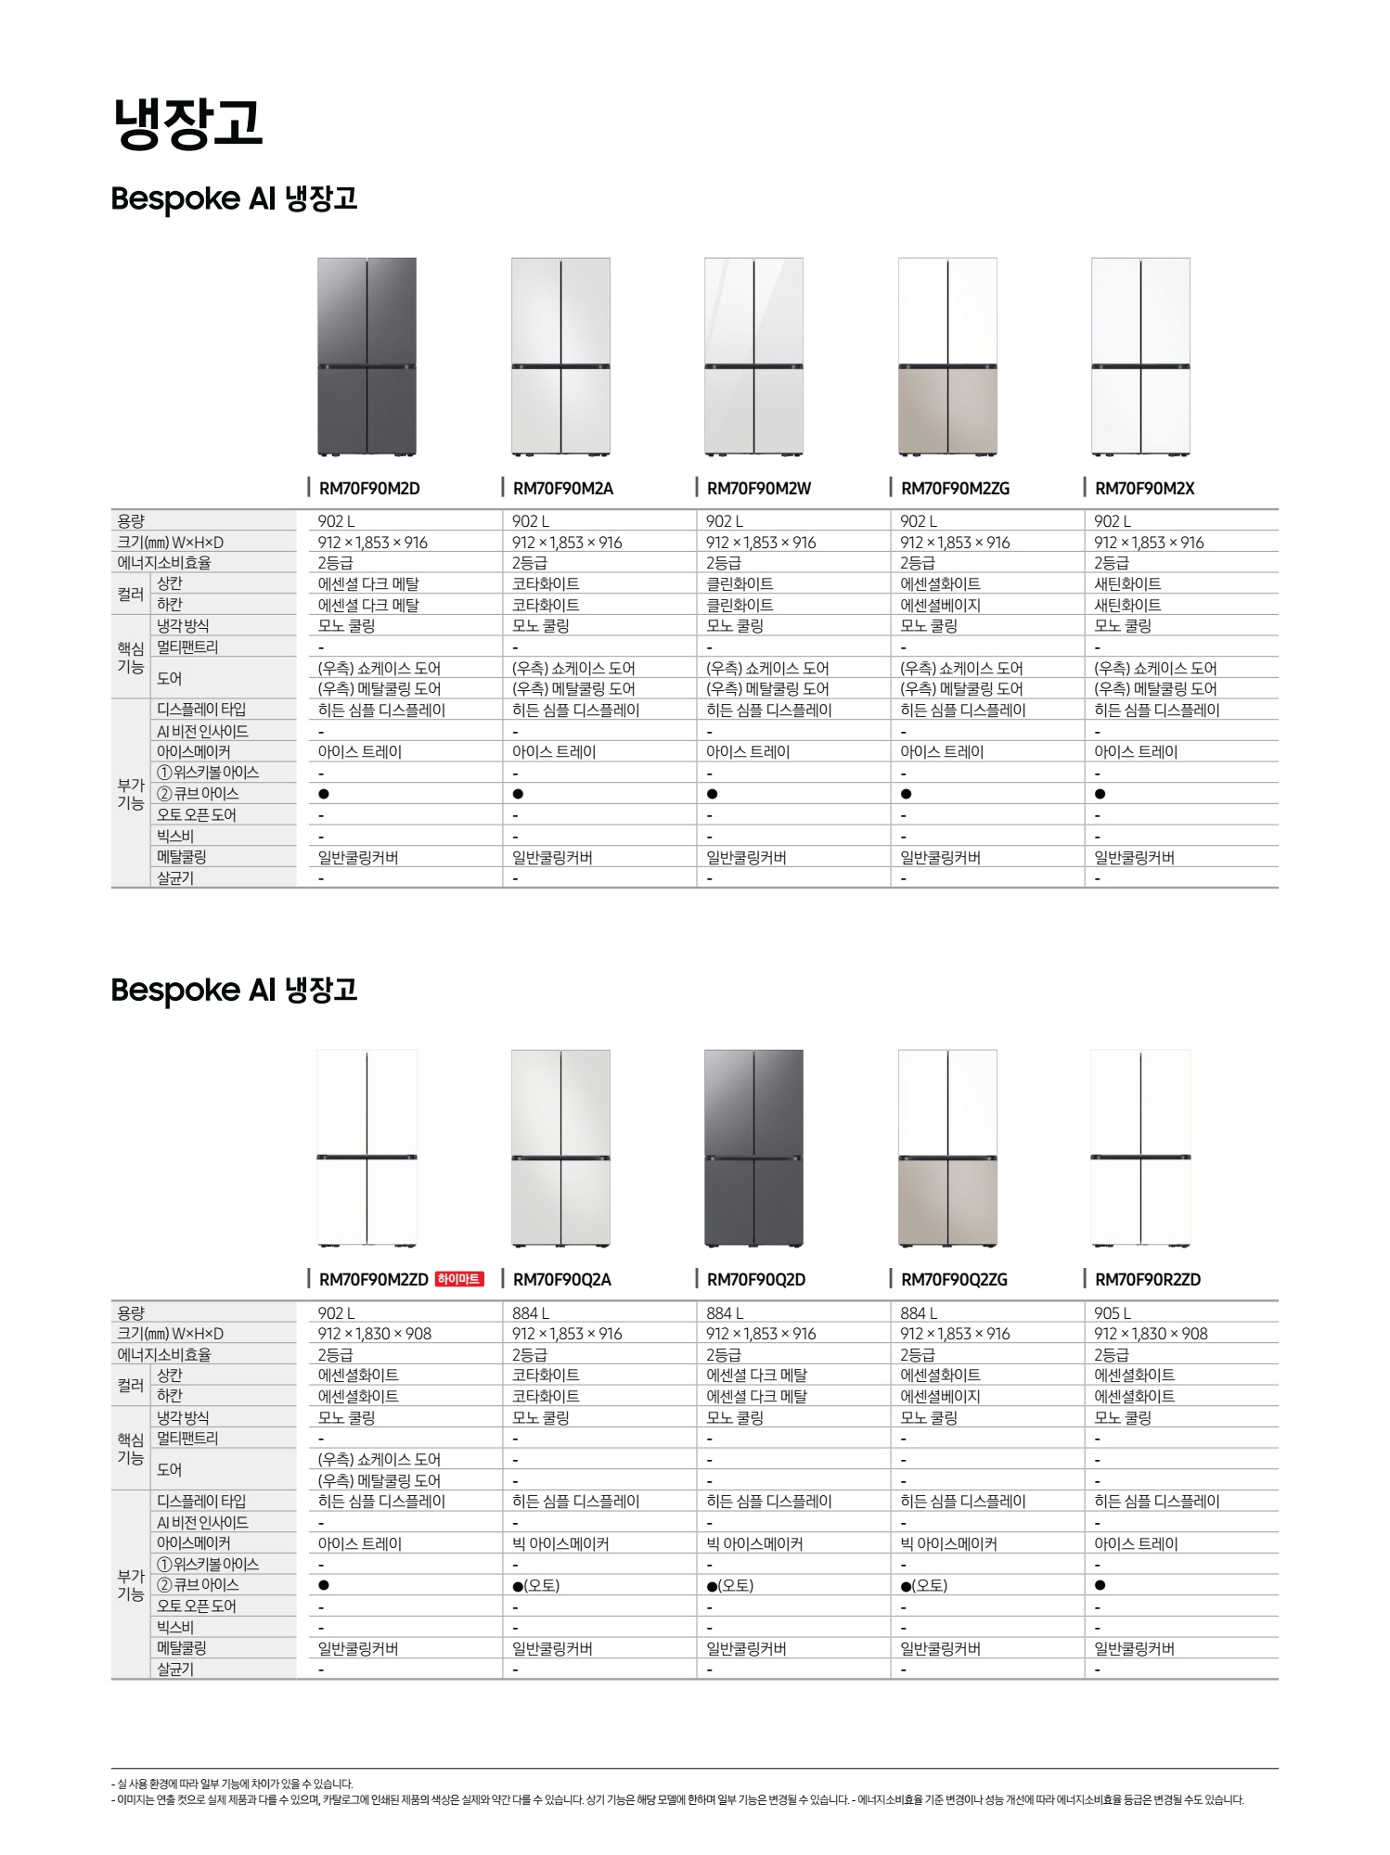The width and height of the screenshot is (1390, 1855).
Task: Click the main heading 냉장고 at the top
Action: coord(188,122)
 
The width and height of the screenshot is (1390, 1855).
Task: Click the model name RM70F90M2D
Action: coord(369,489)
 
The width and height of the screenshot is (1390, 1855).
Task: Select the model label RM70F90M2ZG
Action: coord(955,489)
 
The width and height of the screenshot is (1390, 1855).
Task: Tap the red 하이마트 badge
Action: coord(459,1279)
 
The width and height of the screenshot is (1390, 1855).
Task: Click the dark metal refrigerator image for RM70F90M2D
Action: coord(367,357)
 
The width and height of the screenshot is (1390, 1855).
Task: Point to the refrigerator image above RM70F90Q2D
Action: coord(753,1148)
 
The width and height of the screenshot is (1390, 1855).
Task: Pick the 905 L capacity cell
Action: coord(1113,1313)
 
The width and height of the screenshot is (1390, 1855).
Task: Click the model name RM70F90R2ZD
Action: coord(1148,1280)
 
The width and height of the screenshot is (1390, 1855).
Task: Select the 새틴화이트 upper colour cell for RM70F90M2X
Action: coord(1127,584)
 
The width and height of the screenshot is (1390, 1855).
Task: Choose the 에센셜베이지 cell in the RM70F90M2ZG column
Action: coord(940,606)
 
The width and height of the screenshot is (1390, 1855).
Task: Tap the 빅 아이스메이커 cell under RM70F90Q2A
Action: coord(560,1543)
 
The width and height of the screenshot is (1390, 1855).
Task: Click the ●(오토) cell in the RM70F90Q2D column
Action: coord(730,1586)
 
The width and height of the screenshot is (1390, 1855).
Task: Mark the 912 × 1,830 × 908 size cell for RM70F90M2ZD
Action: coord(375,1334)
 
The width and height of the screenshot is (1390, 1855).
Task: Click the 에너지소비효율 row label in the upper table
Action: coord(164,563)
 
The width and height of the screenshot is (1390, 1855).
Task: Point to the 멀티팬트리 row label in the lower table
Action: coord(187,1439)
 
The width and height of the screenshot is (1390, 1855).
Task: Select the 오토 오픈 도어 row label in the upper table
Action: coord(196,815)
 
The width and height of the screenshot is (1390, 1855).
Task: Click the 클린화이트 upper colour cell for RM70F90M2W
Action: coord(740,584)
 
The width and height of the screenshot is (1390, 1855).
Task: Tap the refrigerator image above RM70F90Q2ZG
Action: coord(947,1148)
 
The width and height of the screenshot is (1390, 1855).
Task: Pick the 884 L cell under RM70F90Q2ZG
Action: coord(919,1313)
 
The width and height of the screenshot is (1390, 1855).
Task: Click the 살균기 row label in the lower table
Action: coord(175,1669)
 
